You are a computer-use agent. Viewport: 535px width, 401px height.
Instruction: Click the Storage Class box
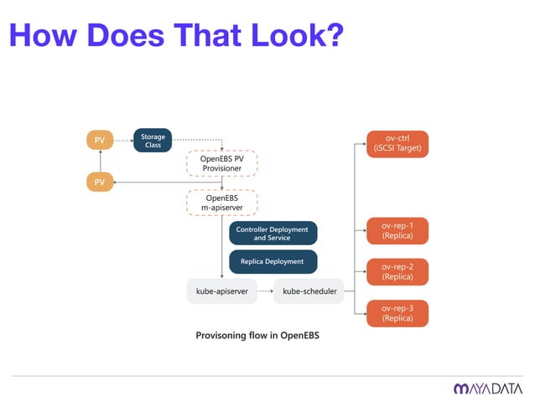153,140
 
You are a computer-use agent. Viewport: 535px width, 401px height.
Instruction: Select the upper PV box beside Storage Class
99,140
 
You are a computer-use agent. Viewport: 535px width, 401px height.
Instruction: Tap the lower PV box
99,182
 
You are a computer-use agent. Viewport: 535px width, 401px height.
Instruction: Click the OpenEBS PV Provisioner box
221,162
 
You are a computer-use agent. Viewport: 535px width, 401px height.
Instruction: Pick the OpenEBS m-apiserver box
221,203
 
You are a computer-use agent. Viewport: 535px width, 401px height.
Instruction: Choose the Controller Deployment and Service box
273,233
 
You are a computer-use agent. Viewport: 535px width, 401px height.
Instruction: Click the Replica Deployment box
273,261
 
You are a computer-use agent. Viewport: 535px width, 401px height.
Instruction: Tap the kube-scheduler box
309,291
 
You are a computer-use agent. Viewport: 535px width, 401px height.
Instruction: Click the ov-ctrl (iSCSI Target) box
397,143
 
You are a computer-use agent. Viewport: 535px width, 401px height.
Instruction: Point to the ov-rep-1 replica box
397,230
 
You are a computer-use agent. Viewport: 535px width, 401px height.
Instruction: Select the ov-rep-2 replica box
397,271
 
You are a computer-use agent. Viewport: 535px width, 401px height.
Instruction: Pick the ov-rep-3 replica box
397,312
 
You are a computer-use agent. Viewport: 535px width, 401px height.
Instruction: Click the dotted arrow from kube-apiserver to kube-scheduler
262,291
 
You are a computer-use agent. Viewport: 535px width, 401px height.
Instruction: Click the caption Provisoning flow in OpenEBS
257,336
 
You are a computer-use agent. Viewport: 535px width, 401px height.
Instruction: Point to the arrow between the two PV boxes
99,161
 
